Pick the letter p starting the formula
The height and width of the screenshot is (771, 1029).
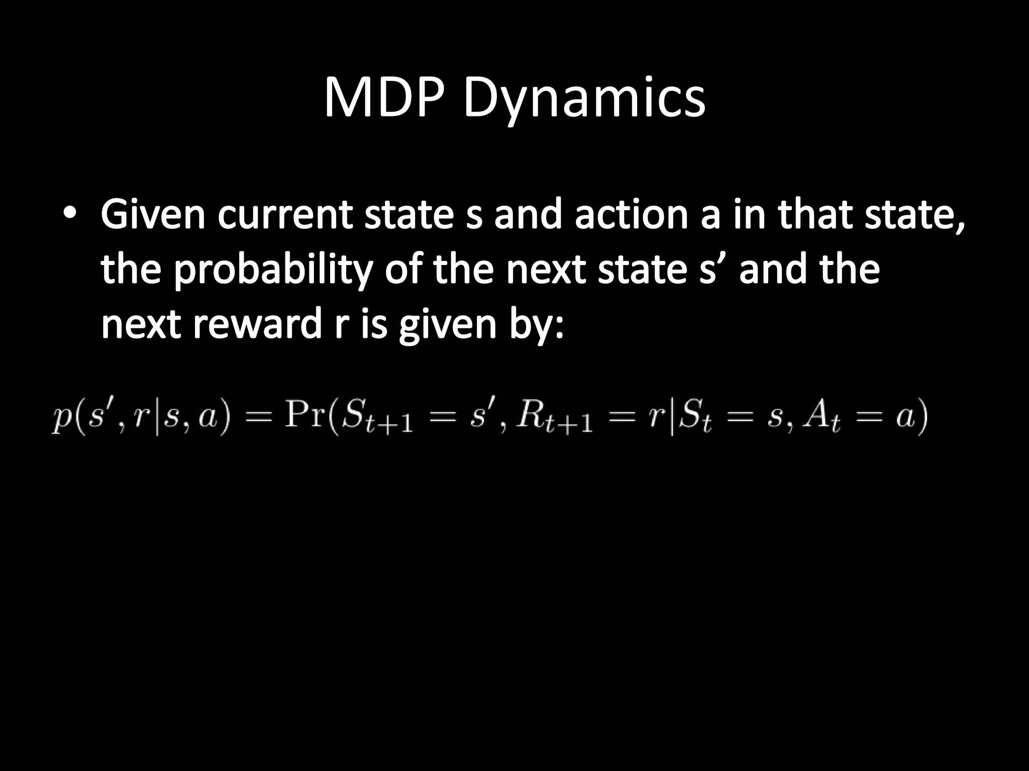(61, 419)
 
